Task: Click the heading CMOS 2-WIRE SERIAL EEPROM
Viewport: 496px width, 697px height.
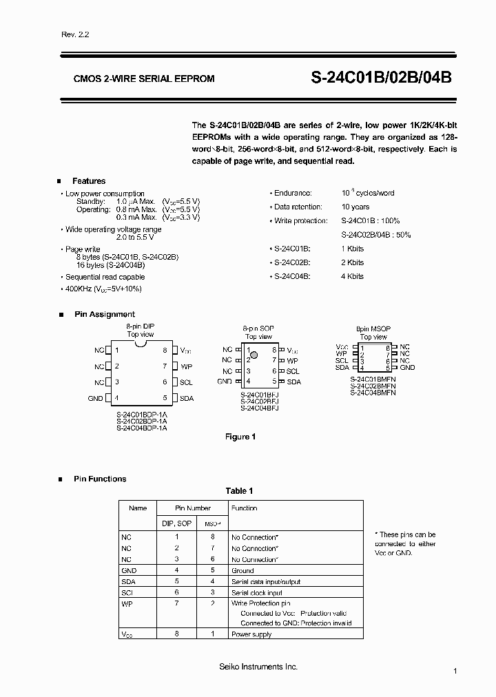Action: [144, 79]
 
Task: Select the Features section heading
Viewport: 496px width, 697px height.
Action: [89, 181]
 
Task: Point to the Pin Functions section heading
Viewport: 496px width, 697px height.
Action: [100, 479]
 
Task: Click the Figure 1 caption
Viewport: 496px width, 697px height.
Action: [240, 437]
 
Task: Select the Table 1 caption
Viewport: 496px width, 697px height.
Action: [240, 491]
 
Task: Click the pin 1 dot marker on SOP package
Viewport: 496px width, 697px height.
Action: [254, 355]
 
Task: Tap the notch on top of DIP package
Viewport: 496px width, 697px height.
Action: [141, 335]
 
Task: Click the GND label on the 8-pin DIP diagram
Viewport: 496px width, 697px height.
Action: [95, 398]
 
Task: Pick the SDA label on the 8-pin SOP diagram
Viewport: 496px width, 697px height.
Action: [293, 382]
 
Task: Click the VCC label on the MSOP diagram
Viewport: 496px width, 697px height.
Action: [342, 346]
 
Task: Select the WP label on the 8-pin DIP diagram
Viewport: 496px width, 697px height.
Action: [186, 366]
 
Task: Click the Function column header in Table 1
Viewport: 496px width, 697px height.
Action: [244, 508]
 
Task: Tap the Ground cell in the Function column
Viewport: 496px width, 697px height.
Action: [242, 570]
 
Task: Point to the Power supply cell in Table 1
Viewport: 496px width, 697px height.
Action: [251, 634]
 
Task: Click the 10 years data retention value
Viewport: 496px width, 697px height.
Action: [355, 207]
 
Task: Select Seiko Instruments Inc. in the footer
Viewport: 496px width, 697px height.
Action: [248, 667]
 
